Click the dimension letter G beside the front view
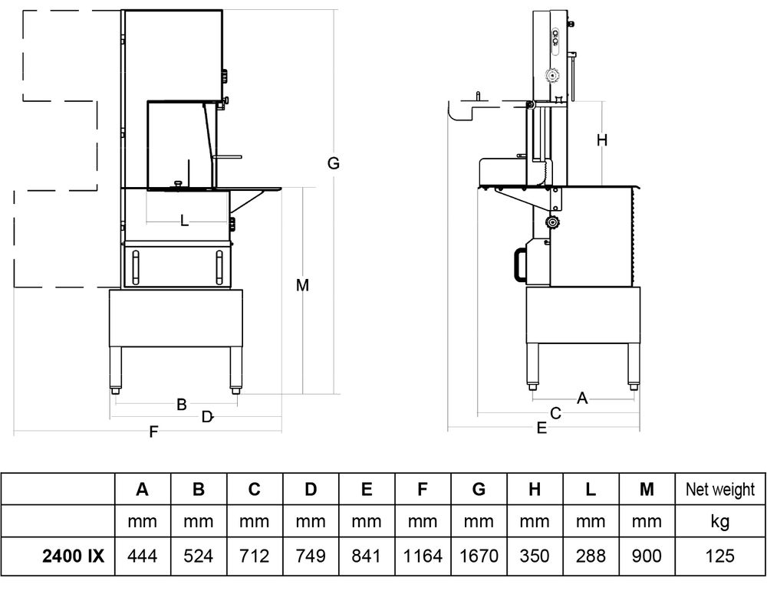click(x=333, y=163)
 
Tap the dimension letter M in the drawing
click(x=303, y=285)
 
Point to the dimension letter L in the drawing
click(x=184, y=221)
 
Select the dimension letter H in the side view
click(x=602, y=139)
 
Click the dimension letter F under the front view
click(x=153, y=432)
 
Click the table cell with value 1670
click(x=479, y=556)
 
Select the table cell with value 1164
click(x=423, y=556)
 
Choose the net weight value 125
click(x=719, y=556)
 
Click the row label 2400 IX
click(x=74, y=556)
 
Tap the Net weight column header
click(x=719, y=489)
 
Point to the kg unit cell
click(x=719, y=522)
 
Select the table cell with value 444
click(x=142, y=556)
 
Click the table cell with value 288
click(x=591, y=556)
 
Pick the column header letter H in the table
click(x=535, y=489)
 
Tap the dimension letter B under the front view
click(x=182, y=405)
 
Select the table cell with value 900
click(x=647, y=556)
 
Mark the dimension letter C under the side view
click(x=556, y=413)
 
